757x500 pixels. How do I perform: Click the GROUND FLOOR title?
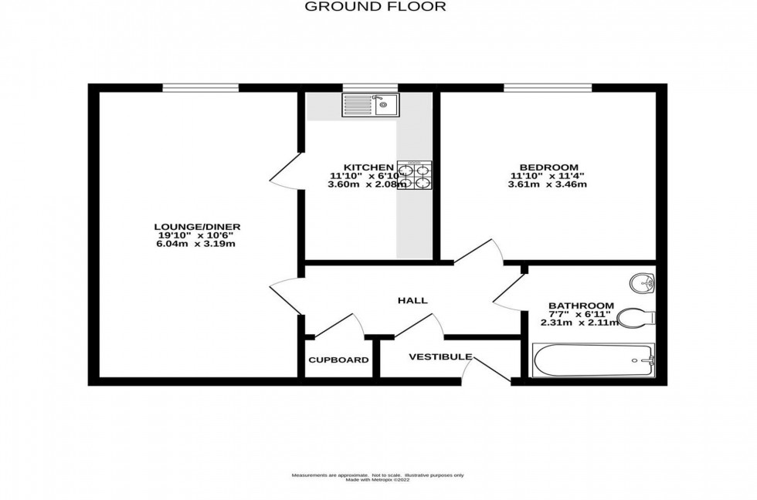coord(375,7)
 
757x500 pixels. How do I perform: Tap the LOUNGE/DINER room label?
coord(197,226)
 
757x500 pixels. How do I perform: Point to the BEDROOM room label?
coord(548,167)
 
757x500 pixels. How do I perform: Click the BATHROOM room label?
coord(581,306)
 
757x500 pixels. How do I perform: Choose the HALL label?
coord(412,300)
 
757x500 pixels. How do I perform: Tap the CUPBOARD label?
coord(338,360)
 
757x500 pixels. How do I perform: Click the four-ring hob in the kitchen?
coord(415,175)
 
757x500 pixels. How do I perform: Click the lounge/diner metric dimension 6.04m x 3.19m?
coord(197,244)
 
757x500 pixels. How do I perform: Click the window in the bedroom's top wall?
coord(548,87)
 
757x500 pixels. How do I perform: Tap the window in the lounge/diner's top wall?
coord(199,87)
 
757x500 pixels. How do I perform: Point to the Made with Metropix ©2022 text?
coord(378,480)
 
